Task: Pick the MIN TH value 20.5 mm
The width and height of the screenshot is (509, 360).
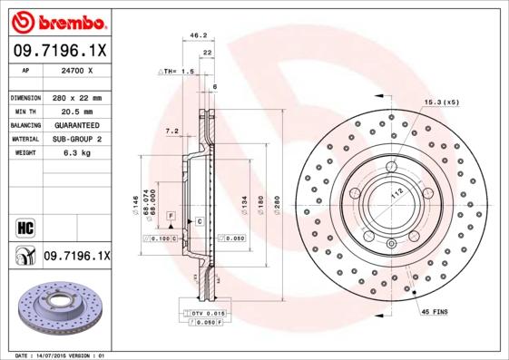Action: (77, 112)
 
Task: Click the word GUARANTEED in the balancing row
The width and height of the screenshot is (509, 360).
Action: (77, 125)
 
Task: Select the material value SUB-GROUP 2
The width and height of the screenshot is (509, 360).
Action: (77, 139)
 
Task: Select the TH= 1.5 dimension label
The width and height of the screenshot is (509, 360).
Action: (178, 70)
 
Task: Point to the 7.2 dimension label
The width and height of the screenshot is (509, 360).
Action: (171, 131)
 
